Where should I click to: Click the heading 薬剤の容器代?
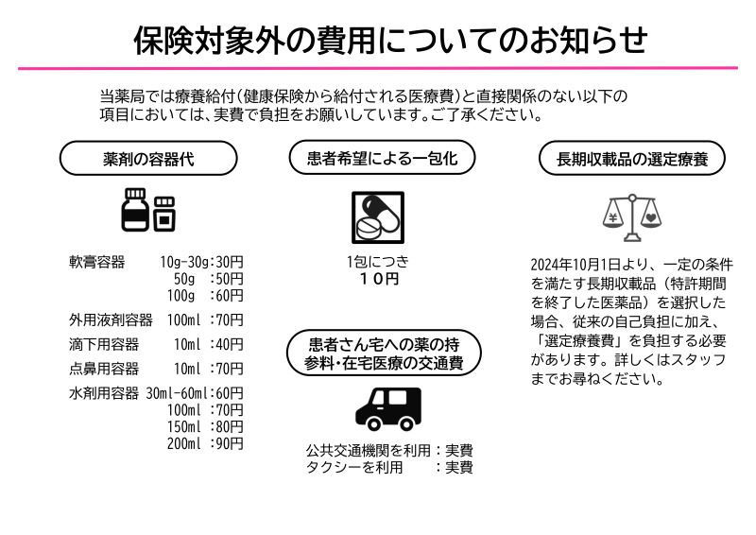pos(148,159)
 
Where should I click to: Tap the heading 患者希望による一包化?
pos(383,158)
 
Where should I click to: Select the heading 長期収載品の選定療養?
pos(632,159)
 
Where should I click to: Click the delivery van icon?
pos(388,408)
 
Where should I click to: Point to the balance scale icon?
pos(632,217)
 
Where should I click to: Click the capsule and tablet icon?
pos(378,217)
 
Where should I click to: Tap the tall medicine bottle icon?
pos(135,210)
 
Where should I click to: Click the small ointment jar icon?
pos(164,214)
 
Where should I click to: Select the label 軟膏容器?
pos(97,262)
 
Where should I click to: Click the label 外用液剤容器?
pos(111,319)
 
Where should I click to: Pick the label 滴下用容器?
pos(104,344)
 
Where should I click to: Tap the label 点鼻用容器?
pos(104,369)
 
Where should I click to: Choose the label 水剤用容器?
pos(104,393)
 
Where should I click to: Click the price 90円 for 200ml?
pos(230,443)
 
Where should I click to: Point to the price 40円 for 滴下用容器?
pos(230,344)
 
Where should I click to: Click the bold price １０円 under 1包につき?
pos(380,279)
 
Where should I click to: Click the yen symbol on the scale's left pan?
pos(612,217)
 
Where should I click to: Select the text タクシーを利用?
pos(354,467)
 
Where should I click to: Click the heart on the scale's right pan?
pos(651,218)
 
